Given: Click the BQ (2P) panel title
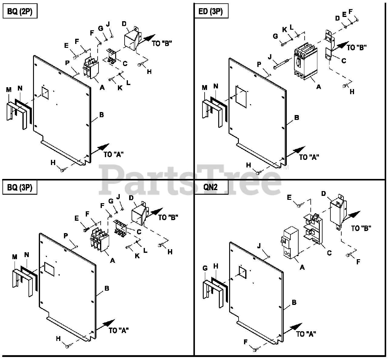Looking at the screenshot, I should (20, 12).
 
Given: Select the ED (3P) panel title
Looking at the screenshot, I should (211, 12).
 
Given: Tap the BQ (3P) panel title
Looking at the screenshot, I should (20, 188).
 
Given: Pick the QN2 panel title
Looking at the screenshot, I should (210, 187).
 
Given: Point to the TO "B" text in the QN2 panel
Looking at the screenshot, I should (361, 228).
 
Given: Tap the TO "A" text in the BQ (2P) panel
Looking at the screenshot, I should (113, 154).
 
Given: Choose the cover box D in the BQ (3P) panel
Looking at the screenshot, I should (139, 215).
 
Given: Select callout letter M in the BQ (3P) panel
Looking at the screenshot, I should (14, 256).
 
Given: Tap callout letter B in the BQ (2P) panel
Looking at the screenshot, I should (102, 115).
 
